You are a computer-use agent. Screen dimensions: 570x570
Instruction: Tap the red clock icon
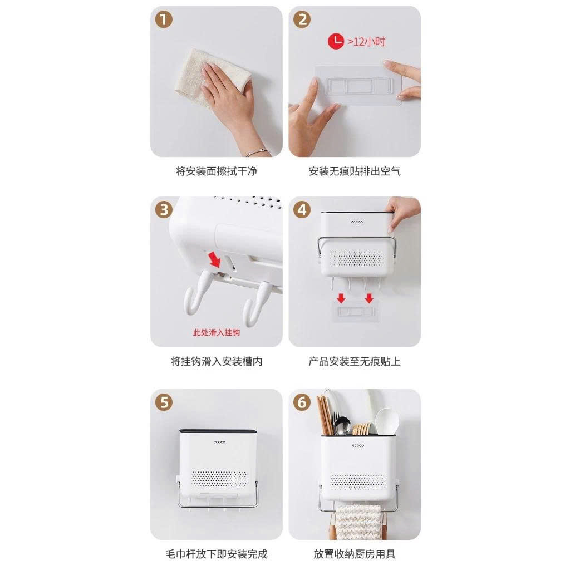336,41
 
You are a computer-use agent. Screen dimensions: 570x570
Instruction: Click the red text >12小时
366,42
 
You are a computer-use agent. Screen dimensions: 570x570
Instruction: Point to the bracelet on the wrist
257,151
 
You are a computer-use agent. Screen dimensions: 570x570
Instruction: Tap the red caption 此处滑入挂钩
216,332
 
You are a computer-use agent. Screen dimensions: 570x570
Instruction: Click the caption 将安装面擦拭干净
216,171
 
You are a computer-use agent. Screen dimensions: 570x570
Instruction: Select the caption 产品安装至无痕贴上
355,362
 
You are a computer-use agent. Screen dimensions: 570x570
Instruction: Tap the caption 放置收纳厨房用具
355,554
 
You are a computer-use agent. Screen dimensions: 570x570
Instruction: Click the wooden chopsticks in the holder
325,415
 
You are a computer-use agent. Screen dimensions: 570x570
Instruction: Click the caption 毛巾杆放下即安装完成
216,554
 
